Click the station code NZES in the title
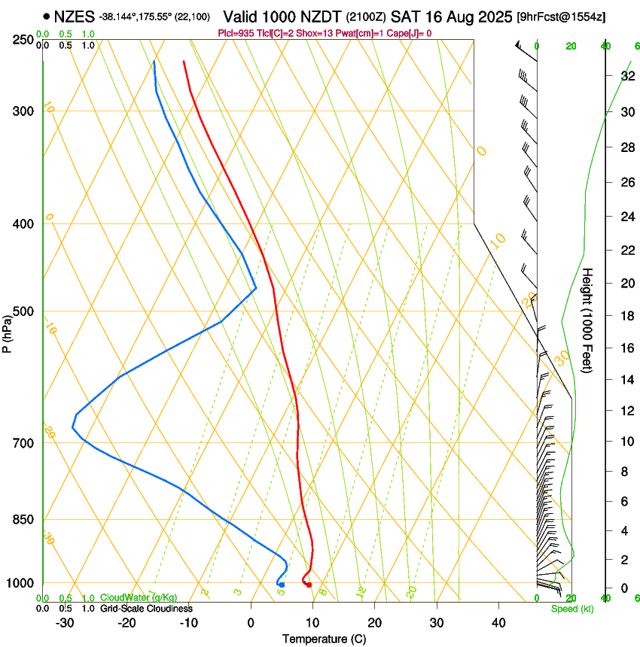pos(74,16)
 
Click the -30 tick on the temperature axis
pos(65,623)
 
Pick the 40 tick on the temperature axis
pos(498,623)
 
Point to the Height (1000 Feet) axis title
pos(588,320)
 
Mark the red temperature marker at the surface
pos(309,585)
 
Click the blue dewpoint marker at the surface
pos(282,585)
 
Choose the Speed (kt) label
pos(571,609)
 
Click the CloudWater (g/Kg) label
pos(139,597)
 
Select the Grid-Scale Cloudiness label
pos(146,609)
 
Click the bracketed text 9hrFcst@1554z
pos(560,17)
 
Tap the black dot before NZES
pos(47,16)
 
